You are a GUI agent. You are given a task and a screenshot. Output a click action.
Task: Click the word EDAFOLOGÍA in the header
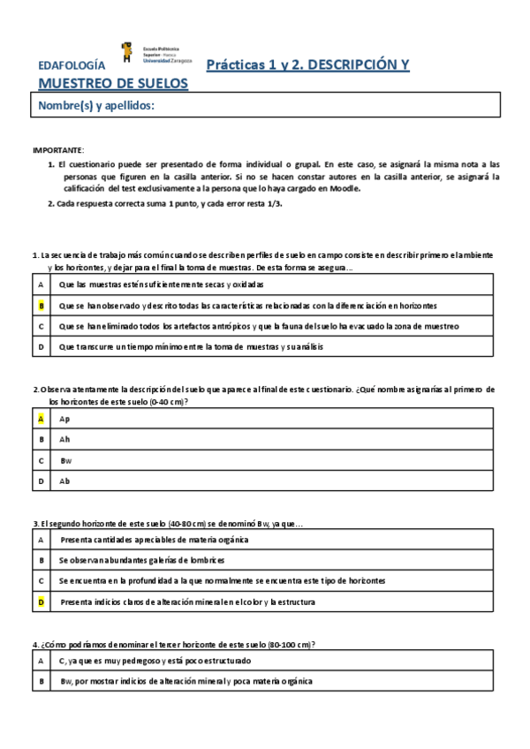click(72, 66)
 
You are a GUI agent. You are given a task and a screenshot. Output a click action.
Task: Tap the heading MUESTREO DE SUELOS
click(113, 84)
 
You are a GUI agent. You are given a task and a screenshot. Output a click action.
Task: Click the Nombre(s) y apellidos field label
click(96, 107)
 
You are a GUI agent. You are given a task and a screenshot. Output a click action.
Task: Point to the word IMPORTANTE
click(58, 151)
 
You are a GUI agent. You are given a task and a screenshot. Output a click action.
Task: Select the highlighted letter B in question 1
click(41, 306)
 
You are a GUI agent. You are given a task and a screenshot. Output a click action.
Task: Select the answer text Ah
click(64, 439)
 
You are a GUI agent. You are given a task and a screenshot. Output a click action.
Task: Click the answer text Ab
click(64, 481)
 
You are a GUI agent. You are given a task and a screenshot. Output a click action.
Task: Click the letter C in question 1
click(41, 327)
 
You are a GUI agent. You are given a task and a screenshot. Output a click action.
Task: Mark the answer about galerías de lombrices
click(142, 560)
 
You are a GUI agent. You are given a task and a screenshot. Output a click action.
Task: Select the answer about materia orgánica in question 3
click(155, 539)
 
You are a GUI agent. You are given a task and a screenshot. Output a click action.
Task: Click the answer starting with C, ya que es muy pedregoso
click(155, 660)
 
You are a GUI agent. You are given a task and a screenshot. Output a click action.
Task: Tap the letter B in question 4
click(41, 681)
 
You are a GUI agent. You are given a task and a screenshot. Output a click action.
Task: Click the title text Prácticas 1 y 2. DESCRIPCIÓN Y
click(307, 65)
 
